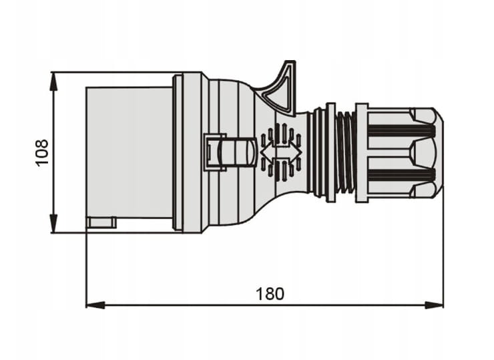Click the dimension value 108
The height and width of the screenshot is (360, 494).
coord(41,152)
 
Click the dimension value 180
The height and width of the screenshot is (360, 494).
coord(270,294)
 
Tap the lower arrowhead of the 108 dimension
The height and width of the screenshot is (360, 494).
coord(54,224)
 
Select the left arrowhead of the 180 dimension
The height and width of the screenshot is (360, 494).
coord(95,305)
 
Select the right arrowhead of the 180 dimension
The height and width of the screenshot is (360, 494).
coord(434,305)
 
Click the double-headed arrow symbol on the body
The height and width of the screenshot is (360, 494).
coord(281,152)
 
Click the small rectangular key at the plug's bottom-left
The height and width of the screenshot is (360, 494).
coord(101,222)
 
